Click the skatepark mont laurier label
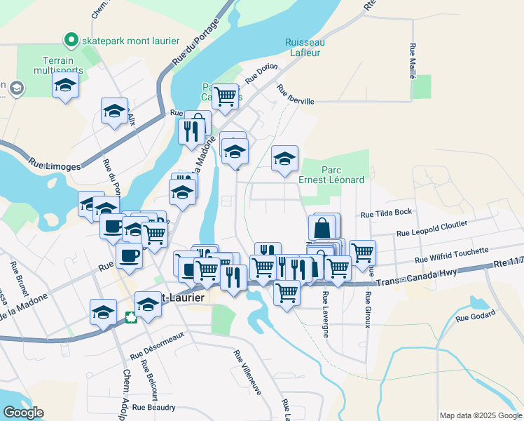click(130, 41)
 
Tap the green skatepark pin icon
click(71, 40)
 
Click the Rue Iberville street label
click(295, 95)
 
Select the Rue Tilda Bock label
click(383, 214)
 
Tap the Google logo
click(24, 412)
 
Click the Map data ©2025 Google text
click(480, 415)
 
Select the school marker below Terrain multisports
click(65, 86)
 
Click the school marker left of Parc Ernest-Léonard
click(284, 159)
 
